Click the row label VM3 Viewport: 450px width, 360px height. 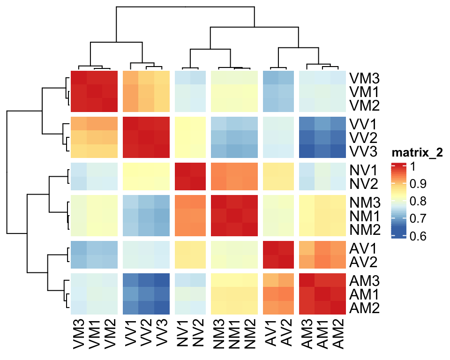point(364,77)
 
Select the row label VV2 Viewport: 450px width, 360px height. point(364,138)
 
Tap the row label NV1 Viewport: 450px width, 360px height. point(364,168)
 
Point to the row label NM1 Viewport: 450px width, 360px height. point(364,216)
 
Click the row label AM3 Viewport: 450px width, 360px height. point(364,281)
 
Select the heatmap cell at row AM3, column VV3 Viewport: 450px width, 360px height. point(161,281)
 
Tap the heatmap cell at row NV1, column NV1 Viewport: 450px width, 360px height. point(182,169)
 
